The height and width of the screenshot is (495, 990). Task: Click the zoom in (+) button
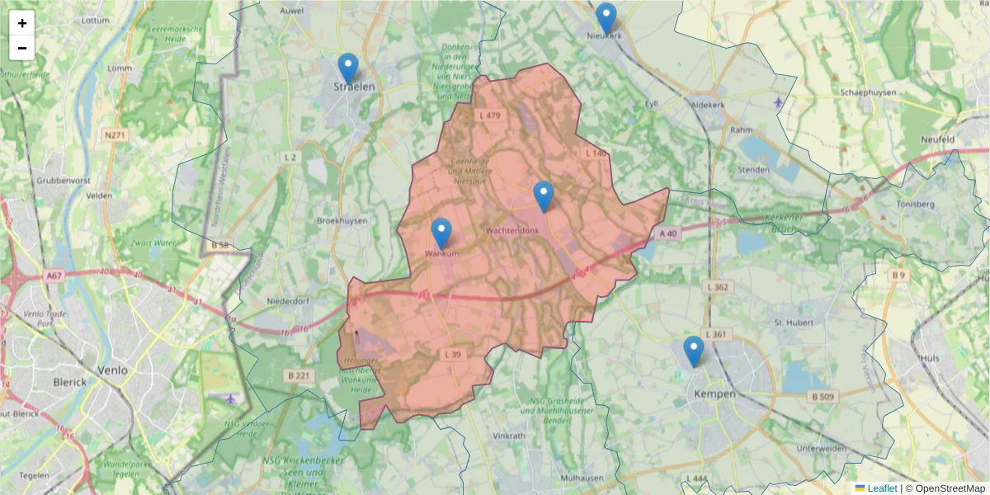tap(22, 23)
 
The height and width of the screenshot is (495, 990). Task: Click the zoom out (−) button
tap(22, 48)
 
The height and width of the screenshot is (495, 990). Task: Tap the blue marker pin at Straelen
tap(348, 68)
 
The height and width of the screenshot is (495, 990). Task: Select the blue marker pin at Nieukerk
tap(606, 18)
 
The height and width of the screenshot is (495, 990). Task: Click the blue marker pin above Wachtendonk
tap(543, 196)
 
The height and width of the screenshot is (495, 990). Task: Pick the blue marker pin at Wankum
tap(441, 233)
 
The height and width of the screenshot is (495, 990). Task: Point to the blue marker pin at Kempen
tap(693, 351)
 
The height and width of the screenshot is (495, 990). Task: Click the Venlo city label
tap(112, 370)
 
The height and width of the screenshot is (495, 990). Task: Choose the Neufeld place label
tap(938, 139)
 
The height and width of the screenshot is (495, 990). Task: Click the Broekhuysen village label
tap(342, 221)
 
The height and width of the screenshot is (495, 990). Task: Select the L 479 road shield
tap(489, 115)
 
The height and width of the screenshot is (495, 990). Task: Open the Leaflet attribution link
tap(882, 488)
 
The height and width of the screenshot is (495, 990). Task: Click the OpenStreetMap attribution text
tap(945, 488)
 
